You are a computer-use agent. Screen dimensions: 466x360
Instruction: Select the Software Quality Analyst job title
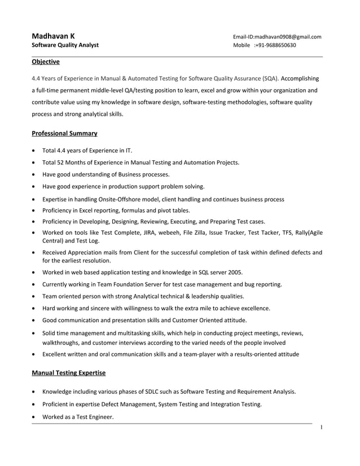(65, 45)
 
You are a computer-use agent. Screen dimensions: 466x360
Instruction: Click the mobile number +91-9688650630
(275, 45)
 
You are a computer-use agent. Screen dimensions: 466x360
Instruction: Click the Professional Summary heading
(64, 133)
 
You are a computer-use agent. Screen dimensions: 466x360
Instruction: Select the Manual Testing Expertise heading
(68, 373)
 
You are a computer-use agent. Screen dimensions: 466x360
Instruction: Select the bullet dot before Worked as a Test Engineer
(36, 417)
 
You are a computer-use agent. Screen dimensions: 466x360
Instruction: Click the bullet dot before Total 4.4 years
(36, 151)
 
